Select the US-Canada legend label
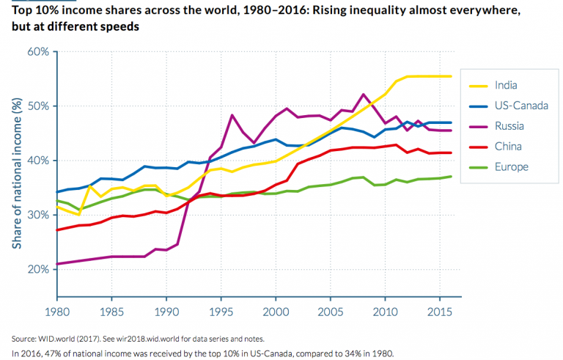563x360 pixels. coord(520,105)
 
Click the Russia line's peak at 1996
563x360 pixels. coord(232,115)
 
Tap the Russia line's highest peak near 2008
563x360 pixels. coord(364,95)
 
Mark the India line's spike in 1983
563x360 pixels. coord(89,186)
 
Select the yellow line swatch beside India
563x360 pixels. coord(476,84)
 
